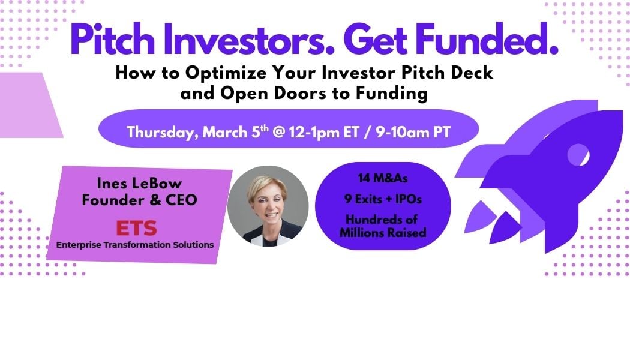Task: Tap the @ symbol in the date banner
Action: [278, 132]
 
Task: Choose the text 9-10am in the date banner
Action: [403, 132]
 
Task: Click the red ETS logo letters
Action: [137, 228]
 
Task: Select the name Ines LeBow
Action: [139, 183]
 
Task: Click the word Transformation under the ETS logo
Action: [137, 245]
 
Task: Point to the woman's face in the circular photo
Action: [268, 202]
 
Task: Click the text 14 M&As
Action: [383, 178]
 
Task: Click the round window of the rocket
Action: [578, 155]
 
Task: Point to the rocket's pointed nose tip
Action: [622, 111]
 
